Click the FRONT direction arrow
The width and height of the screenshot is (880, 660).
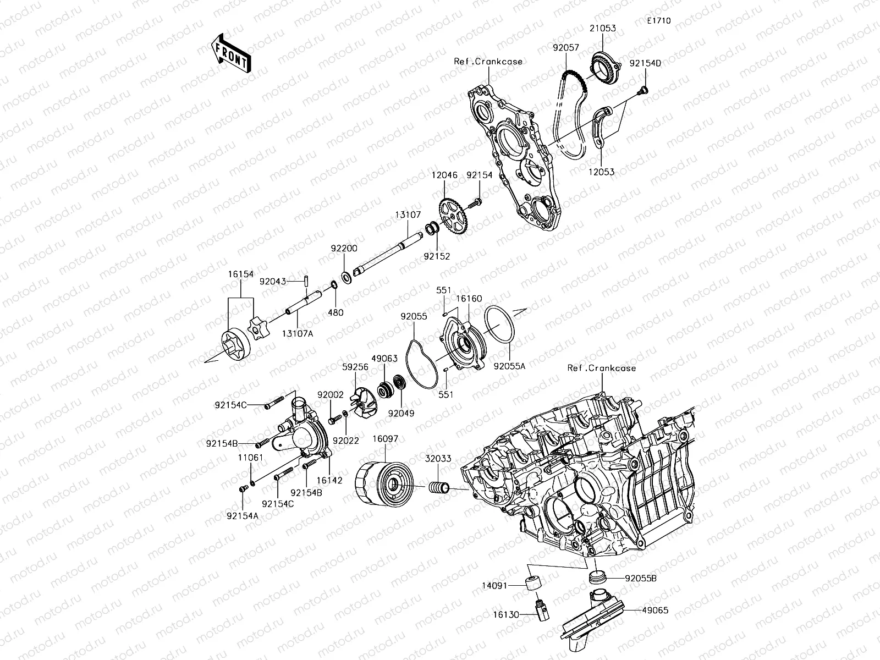(x=230, y=52)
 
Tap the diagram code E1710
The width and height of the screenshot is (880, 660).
(x=658, y=21)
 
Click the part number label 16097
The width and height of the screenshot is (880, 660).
(x=385, y=439)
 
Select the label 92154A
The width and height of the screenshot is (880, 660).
(x=242, y=515)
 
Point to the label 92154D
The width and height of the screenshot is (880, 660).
(x=645, y=63)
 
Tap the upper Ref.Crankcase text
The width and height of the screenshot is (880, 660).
(x=488, y=62)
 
